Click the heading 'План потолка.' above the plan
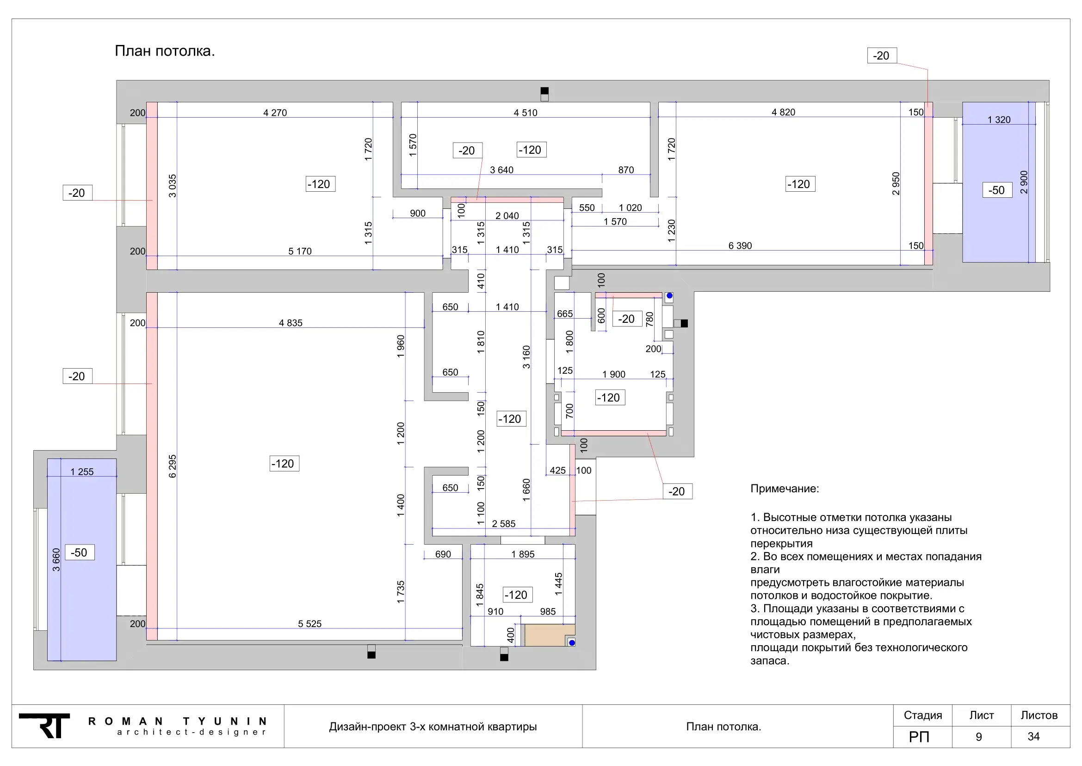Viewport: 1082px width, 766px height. point(165,51)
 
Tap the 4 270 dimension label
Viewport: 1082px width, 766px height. point(275,113)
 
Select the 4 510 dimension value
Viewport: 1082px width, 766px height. point(526,113)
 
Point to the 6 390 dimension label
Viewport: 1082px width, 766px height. point(740,246)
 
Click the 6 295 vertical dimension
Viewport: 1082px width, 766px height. point(173,466)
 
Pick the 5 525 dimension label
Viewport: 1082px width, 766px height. point(309,623)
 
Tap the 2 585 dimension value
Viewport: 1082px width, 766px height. point(504,524)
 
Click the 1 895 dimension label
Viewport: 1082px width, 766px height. point(523,554)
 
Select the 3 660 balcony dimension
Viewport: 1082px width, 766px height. point(56,559)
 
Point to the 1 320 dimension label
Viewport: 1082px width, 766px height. point(999,120)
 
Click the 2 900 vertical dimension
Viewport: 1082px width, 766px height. point(1024,182)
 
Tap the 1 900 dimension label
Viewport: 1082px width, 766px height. point(613,375)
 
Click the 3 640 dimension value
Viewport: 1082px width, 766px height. point(501,170)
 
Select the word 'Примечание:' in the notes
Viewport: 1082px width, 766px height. point(785,489)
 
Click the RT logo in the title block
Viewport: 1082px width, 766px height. point(44,726)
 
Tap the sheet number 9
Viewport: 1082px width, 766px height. point(979,737)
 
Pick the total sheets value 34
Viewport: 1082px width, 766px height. point(1033,737)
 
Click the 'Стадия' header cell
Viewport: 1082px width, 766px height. point(923,716)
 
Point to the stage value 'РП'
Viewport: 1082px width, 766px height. point(919,737)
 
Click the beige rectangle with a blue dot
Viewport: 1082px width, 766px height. point(550,635)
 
